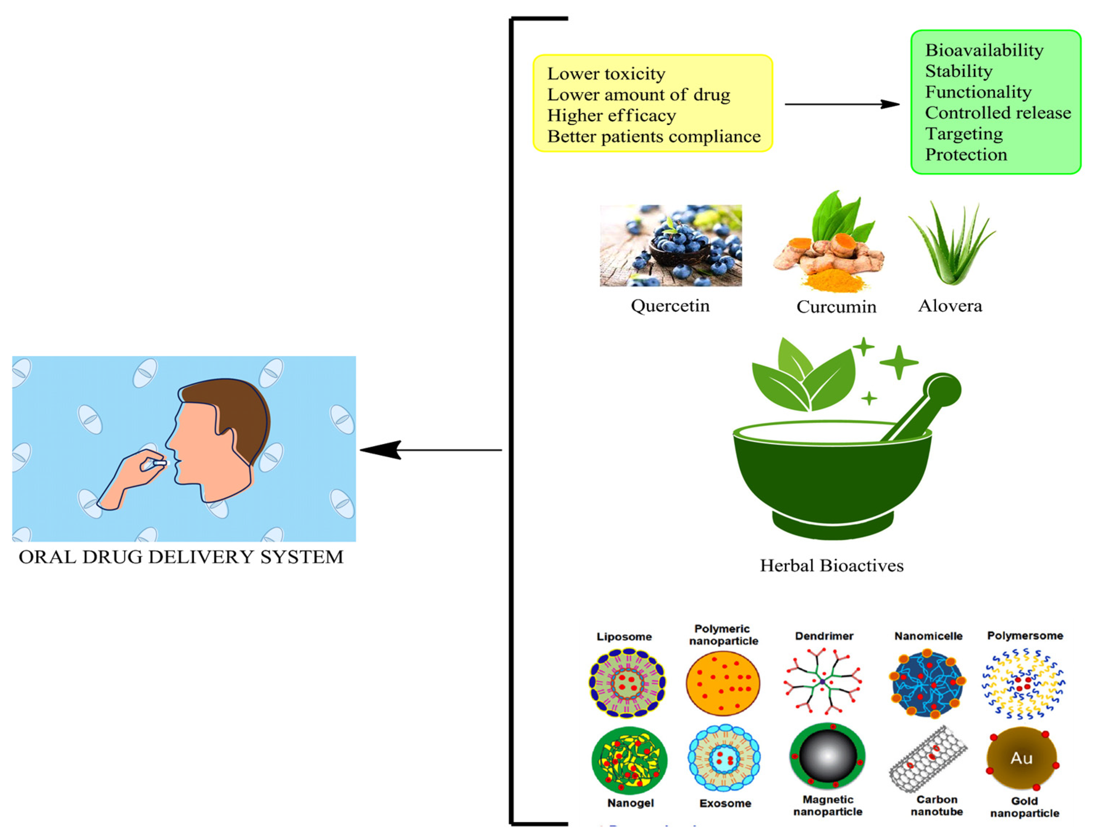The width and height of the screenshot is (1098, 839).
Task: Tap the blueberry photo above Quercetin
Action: pos(670,245)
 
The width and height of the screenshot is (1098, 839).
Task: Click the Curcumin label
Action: pos(836,306)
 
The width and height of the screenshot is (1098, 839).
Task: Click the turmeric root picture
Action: pos(829,255)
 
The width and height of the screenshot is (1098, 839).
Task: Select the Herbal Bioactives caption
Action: pos(831,565)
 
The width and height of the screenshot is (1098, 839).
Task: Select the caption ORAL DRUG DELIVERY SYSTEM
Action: pos(181,557)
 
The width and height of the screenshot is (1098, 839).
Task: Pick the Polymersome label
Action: pos(1025,636)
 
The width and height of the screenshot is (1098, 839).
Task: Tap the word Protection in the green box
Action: pos(966,155)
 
